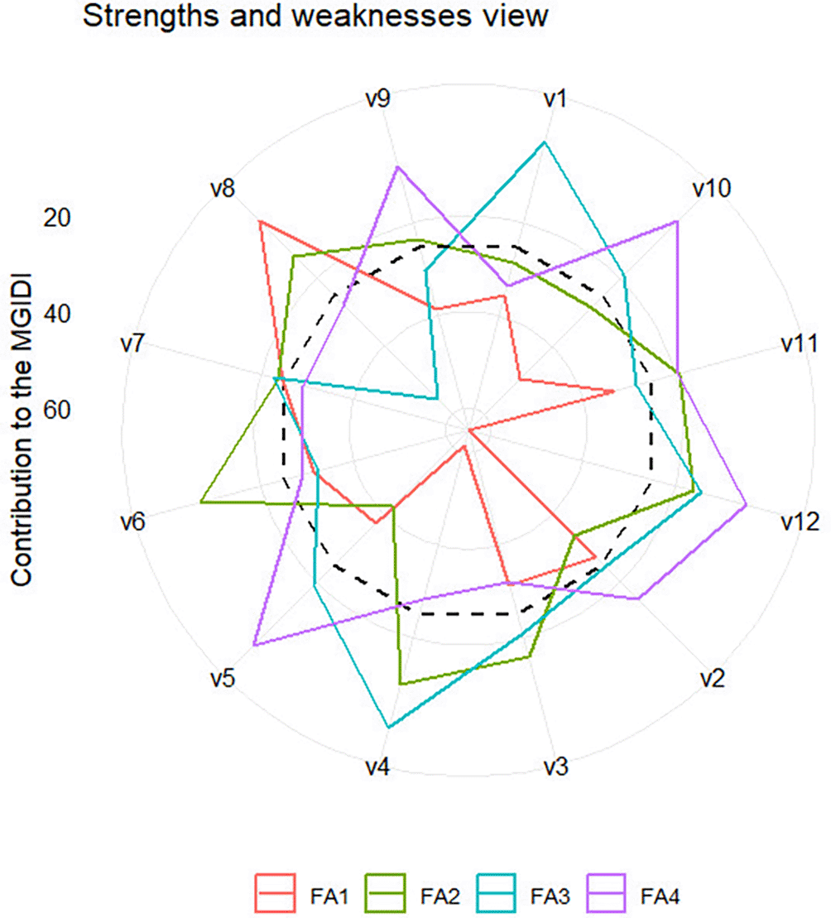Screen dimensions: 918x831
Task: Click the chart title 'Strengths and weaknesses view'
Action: pyautogui.click(x=315, y=16)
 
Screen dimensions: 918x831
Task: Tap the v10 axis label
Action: pyautogui.click(x=711, y=189)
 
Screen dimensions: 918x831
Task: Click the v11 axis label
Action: pyautogui.click(x=800, y=344)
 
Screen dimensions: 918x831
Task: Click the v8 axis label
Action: pyautogui.click(x=222, y=189)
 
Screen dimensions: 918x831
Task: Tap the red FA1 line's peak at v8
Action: pyautogui.click(x=259, y=221)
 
